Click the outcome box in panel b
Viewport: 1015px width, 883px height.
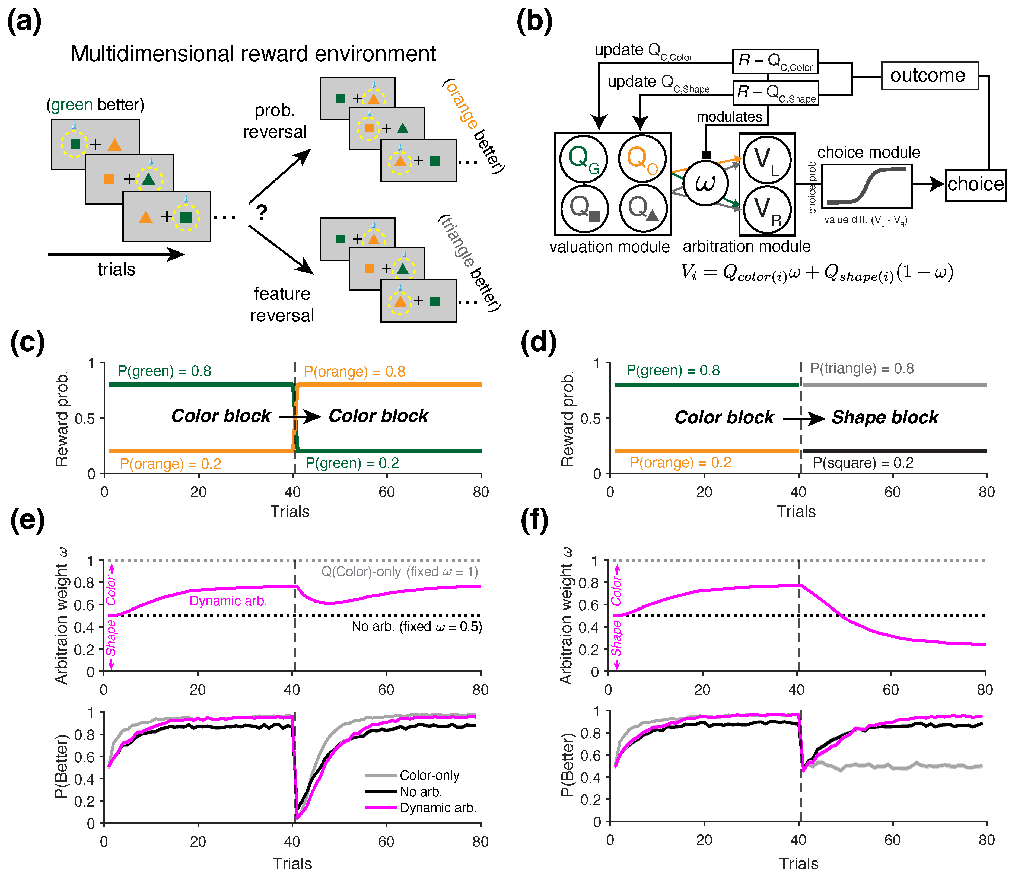pyautogui.click(x=929, y=75)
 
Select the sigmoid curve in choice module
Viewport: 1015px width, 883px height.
pyautogui.click(x=867, y=186)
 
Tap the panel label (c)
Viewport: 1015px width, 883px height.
pyautogui.click(x=27, y=342)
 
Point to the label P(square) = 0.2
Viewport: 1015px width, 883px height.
pyautogui.click(x=863, y=463)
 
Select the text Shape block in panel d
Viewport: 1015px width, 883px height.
pyautogui.click(x=885, y=417)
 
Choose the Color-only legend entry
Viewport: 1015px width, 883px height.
pyautogui.click(x=429, y=776)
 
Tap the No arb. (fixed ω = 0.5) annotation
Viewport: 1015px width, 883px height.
pyautogui.click(x=416, y=627)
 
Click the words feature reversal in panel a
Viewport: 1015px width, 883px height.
pyautogui.click(x=282, y=305)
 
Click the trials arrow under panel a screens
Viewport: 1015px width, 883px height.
pyautogui.click(x=116, y=254)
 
